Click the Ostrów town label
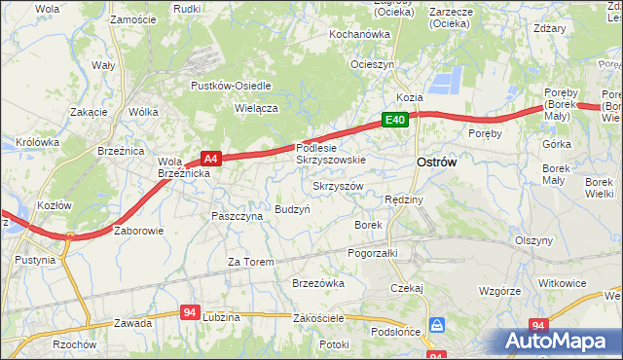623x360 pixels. [436, 163]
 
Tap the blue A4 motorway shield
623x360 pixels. [211, 157]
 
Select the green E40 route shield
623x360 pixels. [393, 120]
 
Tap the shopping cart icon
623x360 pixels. [438, 325]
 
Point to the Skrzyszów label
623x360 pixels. [338, 185]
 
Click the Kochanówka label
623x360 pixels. [359, 34]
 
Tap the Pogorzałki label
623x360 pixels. [373, 252]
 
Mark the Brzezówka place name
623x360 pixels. [318, 283]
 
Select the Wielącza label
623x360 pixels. [257, 109]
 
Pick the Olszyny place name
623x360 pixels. [533, 239]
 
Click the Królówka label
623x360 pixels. [38, 141]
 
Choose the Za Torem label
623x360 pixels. [251, 262]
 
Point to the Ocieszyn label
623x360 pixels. [373, 64]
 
